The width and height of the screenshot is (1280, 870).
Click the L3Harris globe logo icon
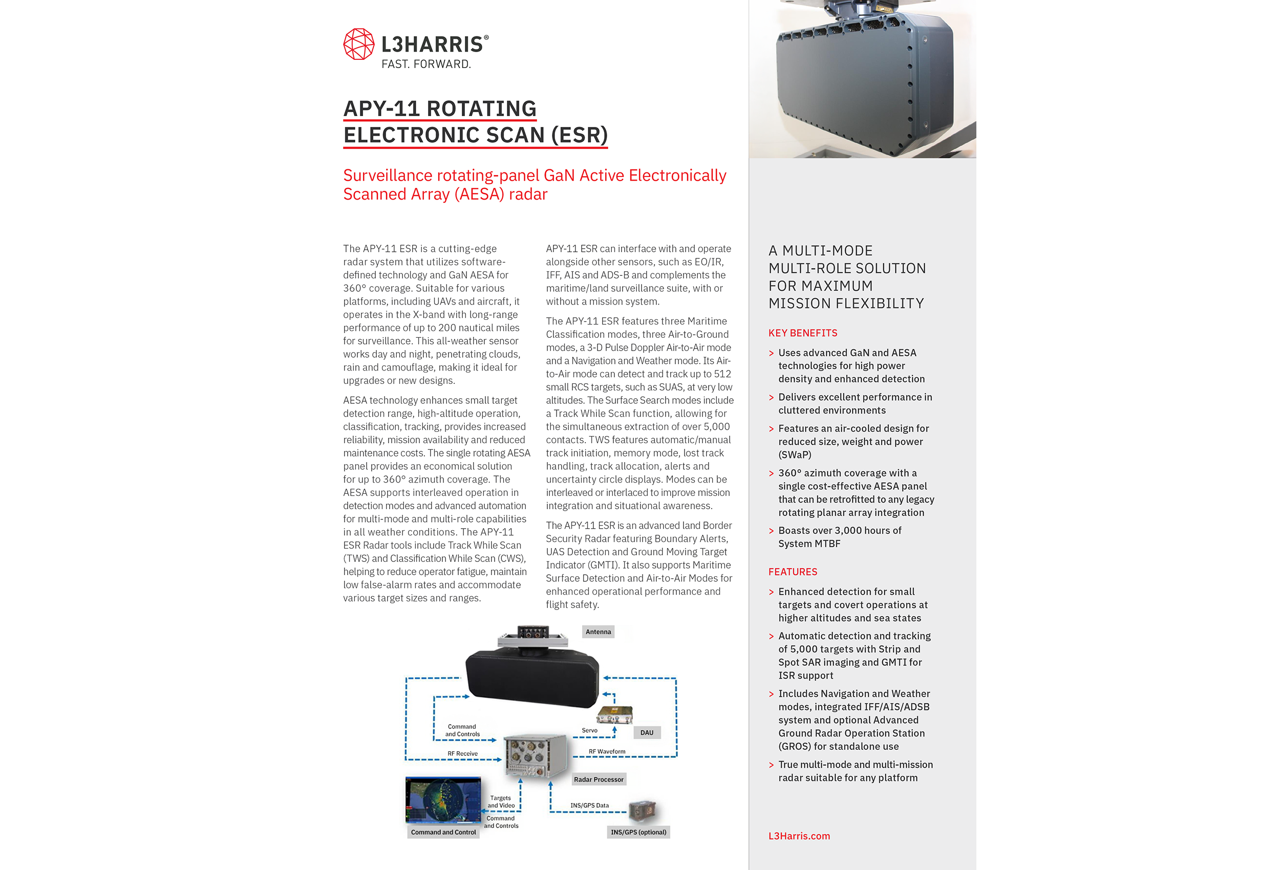coord(358,44)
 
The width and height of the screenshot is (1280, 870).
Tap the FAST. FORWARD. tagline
coord(426,64)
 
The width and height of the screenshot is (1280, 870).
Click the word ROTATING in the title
coord(481,108)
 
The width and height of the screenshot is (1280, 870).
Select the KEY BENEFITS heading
coord(802,333)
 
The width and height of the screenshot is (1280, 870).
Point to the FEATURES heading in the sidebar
coord(793,572)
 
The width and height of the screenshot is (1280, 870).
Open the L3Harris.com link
coord(799,836)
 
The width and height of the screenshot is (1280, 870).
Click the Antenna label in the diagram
coord(598,632)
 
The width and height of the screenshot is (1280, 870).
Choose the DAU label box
coord(647,733)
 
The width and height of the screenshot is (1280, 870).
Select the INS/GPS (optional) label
coord(638,833)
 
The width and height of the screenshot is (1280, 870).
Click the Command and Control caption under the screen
coord(443,833)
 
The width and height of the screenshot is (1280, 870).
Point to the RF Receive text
coord(463,754)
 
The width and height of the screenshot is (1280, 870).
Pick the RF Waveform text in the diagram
coord(607,752)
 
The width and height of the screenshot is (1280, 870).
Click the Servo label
coord(589,731)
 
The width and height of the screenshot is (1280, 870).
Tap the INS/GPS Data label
coord(589,806)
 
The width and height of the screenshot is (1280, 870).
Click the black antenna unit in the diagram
coord(531,677)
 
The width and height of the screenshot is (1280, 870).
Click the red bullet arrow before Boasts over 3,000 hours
coord(771,531)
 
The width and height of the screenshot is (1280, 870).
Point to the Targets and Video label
coord(501,802)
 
